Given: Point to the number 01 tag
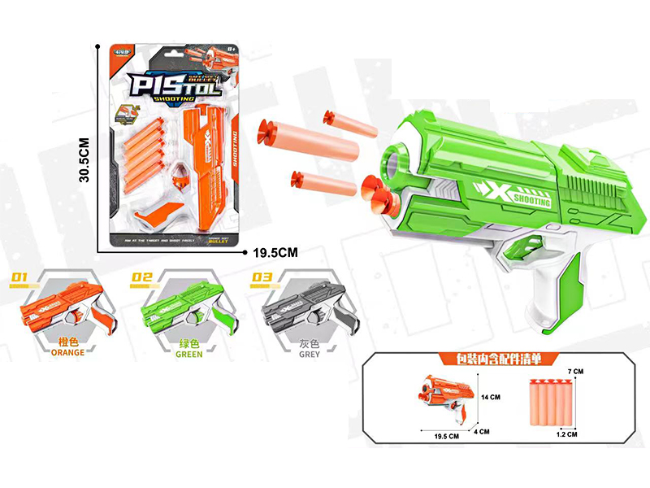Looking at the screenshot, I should pyautogui.click(x=19, y=279).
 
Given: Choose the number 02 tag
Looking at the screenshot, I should pyautogui.click(x=142, y=279).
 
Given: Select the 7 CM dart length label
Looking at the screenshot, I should pyautogui.click(x=577, y=372).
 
